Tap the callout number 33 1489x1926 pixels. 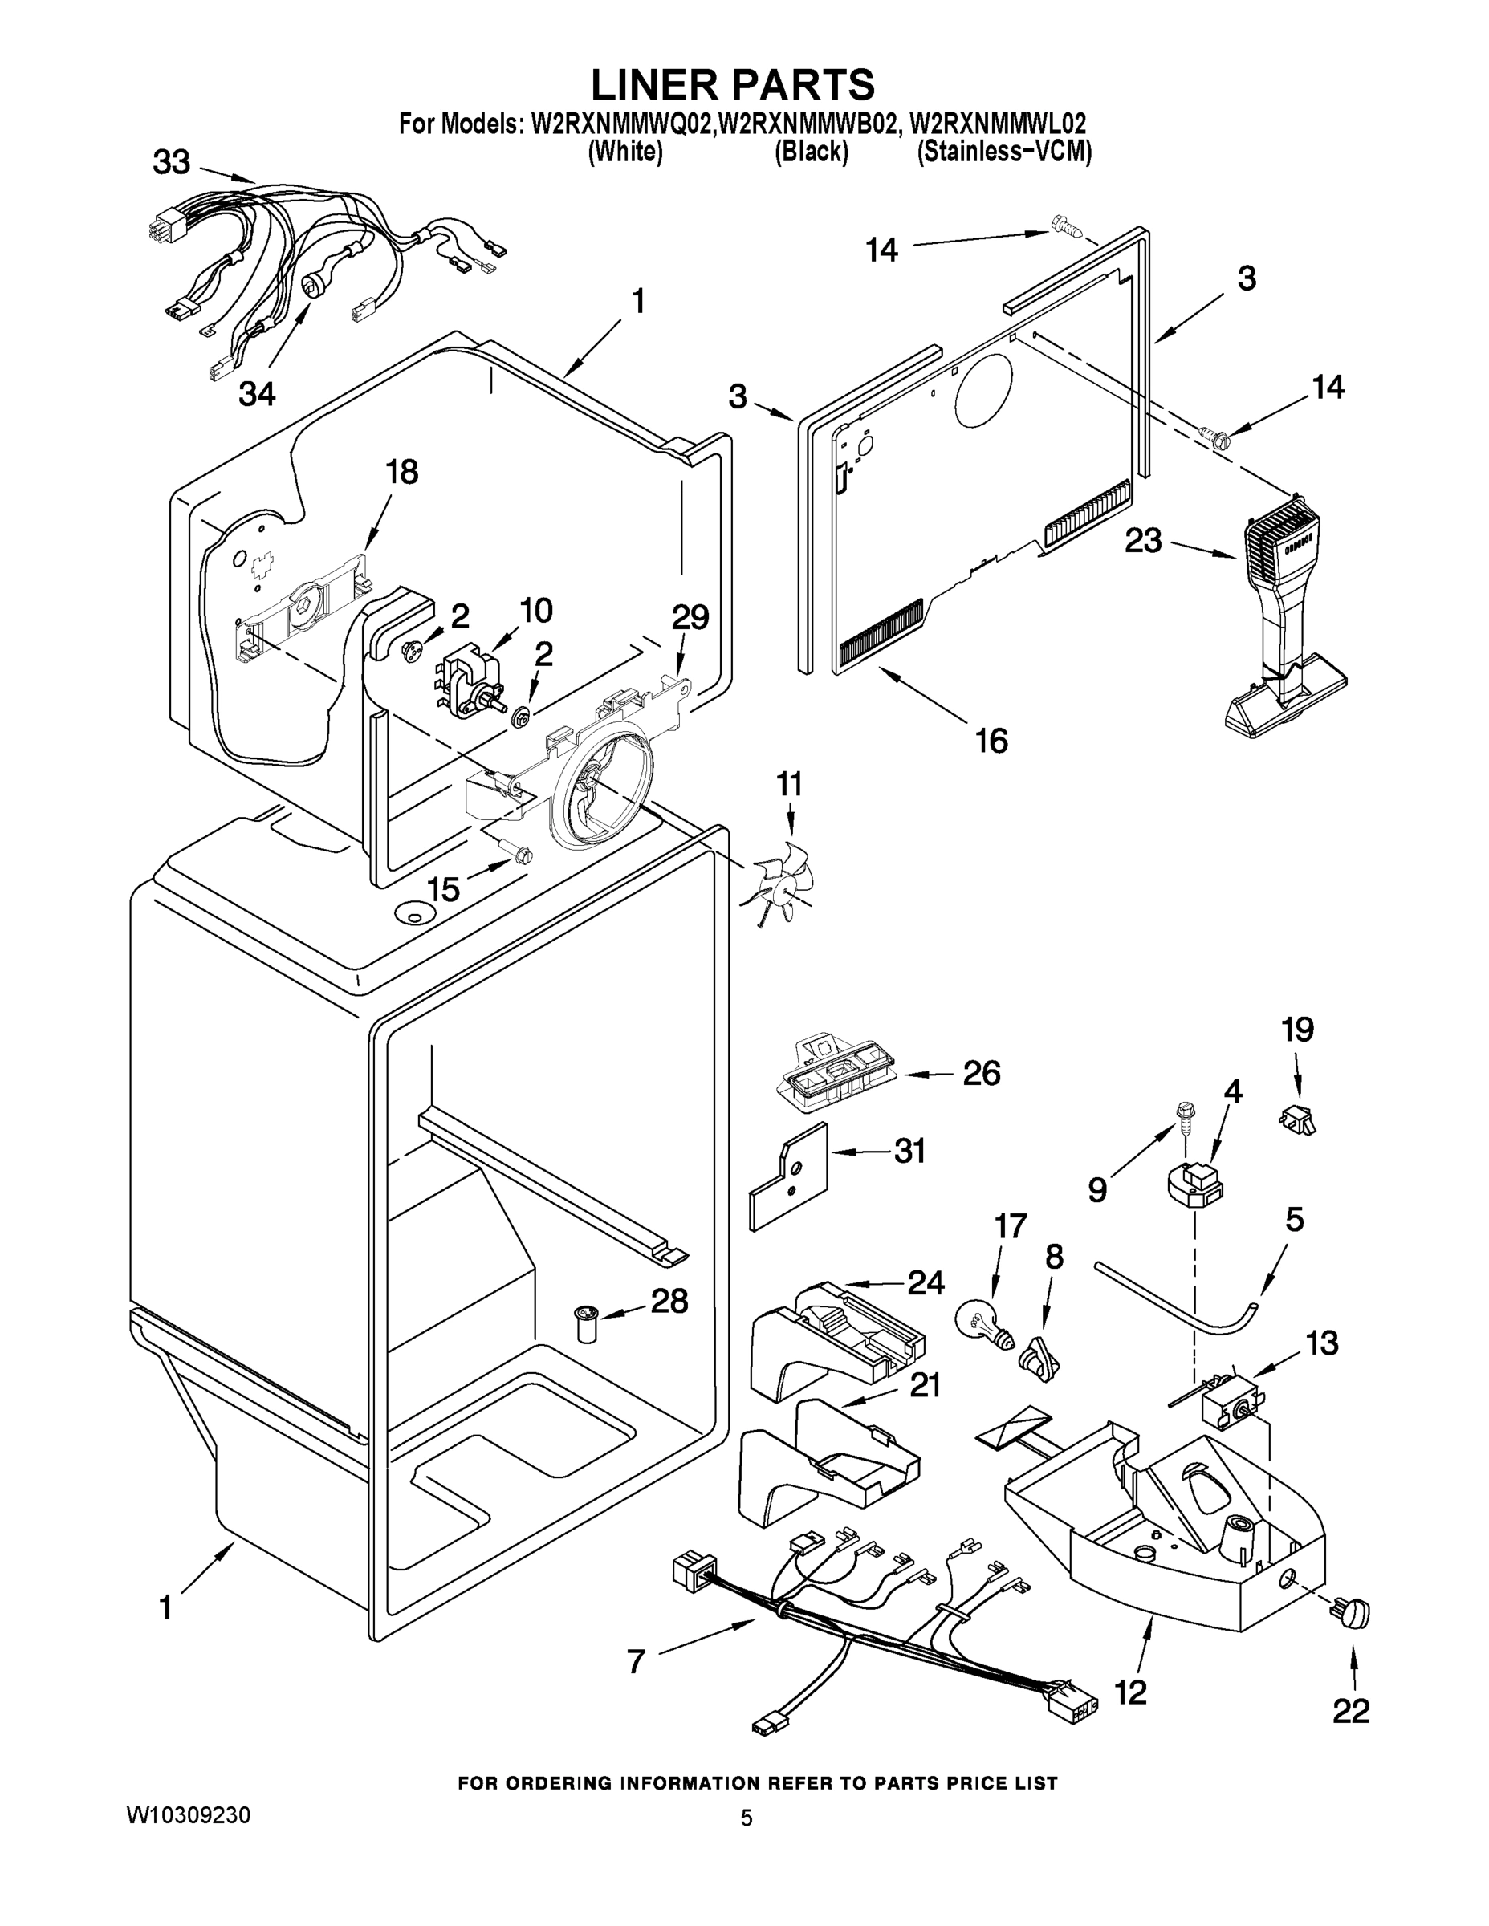tap(171, 162)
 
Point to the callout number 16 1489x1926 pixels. tap(991, 741)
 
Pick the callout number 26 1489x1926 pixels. tap(981, 1073)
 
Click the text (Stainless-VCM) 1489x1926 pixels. tap(1004, 152)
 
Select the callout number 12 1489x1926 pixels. tap(1130, 1692)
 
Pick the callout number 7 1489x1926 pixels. tap(637, 1661)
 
